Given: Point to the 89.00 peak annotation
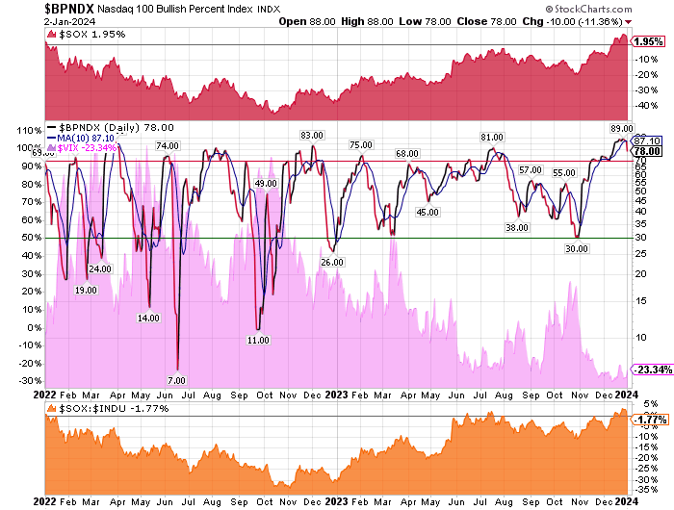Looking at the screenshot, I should (621, 127).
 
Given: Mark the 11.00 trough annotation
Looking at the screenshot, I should (257, 341).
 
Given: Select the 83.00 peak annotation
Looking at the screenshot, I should (310, 136).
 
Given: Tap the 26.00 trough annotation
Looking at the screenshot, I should (332, 262).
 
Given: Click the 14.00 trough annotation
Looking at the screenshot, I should (148, 318).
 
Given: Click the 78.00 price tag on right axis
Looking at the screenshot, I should (647, 151).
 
